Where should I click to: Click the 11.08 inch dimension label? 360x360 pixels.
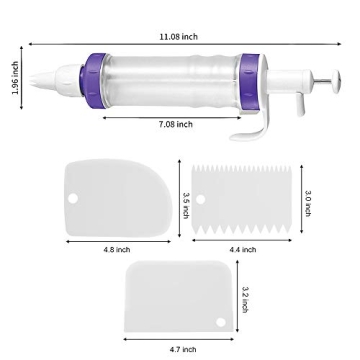coord(179,36)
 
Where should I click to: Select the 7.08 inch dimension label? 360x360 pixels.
coord(176,124)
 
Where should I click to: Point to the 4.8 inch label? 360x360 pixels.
coord(116,249)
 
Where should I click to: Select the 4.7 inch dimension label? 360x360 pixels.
coord(182,349)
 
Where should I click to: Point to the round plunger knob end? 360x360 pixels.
coord(324,84)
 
